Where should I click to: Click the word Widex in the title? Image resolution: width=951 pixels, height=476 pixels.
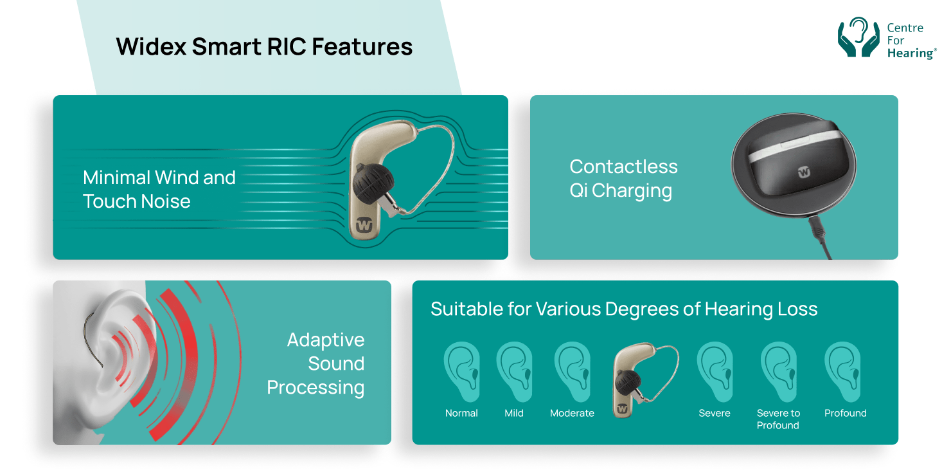click(151, 46)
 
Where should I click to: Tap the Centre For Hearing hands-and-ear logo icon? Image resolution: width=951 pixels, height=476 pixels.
click(858, 37)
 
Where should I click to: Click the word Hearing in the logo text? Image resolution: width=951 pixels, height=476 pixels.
click(911, 53)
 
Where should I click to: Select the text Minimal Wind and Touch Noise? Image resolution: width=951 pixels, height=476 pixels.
click(159, 190)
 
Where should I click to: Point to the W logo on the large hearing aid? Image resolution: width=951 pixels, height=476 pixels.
click(364, 225)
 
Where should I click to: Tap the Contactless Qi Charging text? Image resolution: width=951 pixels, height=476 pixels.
click(623, 179)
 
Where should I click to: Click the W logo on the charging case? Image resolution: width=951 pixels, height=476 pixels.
click(804, 172)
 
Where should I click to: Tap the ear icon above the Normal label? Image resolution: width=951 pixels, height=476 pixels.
click(462, 372)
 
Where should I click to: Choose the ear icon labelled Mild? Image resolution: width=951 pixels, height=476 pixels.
click(515, 372)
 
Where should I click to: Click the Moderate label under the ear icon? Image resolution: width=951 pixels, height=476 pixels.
click(572, 413)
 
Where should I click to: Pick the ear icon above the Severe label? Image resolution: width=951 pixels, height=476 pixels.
click(715, 372)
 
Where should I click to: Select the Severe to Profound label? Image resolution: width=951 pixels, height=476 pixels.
click(778, 419)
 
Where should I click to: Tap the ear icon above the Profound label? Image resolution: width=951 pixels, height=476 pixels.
click(843, 372)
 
